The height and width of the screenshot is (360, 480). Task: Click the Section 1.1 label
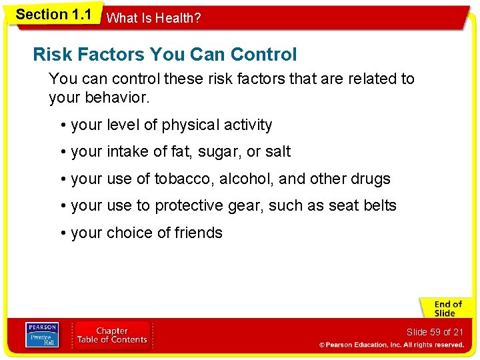pyautogui.click(x=53, y=14)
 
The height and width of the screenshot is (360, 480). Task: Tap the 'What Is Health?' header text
pyautogui.click(x=153, y=18)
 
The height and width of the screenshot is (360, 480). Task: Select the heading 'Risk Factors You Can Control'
pyautogui.click(x=165, y=54)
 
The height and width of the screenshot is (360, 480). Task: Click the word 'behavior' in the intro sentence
pyautogui.click(x=117, y=98)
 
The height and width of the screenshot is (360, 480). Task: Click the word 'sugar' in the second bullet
pyautogui.click(x=217, y=152)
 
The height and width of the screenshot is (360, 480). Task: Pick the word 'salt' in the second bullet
pyautogui.click(x=277, y=152)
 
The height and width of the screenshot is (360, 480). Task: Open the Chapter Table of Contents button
pyautogui.click(x=112, y=335)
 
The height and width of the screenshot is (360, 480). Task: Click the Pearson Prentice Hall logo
pyautogui.click(x=41, y=335)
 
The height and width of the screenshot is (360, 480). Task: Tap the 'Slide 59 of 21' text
pyautogui.click(x=435, y=332)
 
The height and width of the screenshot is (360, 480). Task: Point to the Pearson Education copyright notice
pyautogui.click(x=391, y=345)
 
